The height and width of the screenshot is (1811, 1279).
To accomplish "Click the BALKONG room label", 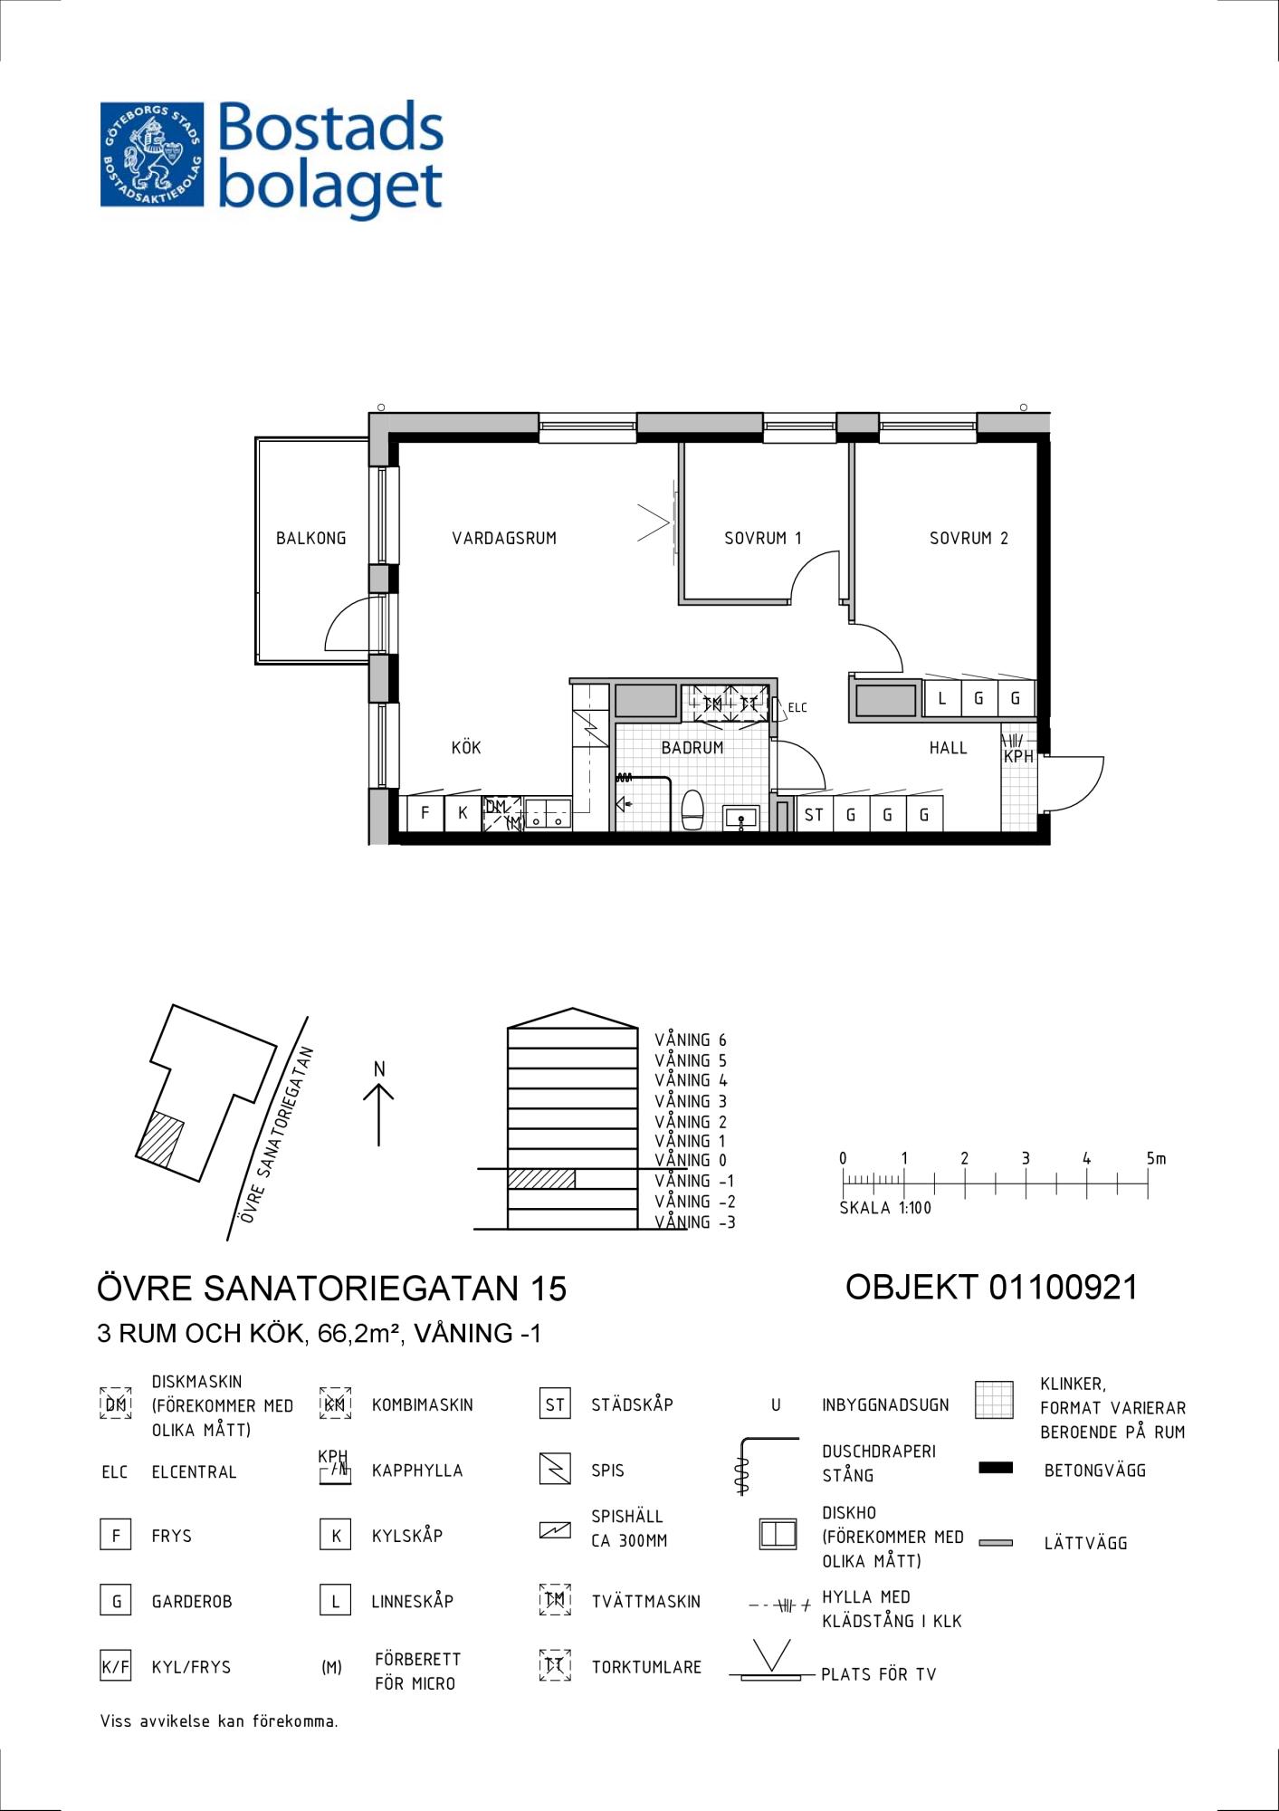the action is point(310,538).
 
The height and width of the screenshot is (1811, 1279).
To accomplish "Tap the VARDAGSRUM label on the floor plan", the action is point(504,538).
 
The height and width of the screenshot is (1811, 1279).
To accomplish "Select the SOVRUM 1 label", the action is point(763,538).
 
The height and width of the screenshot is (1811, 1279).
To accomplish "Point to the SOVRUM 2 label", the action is point(969,538).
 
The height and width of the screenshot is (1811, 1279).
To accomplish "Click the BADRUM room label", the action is point(692,748).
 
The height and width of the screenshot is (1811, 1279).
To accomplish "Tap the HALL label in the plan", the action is point(948,748).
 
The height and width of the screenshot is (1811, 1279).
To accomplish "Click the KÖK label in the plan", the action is point(466,747).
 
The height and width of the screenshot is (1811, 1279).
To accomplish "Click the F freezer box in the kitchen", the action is point(425,813).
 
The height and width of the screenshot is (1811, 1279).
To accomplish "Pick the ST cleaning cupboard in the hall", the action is point(814,814).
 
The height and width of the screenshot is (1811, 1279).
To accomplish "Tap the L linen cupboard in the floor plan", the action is point(942,698).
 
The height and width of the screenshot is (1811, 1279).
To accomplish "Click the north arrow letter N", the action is point(379,1069).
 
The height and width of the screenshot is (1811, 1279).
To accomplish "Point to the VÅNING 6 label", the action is point(691,1040).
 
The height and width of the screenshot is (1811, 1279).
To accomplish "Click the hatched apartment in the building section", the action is point(541,1179).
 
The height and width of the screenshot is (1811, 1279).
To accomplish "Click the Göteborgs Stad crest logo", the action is point(152,154).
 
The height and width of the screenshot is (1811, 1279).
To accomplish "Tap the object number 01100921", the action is point(1063,1287).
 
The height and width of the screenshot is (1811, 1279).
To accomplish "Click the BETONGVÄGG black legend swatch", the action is point(996,1468).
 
